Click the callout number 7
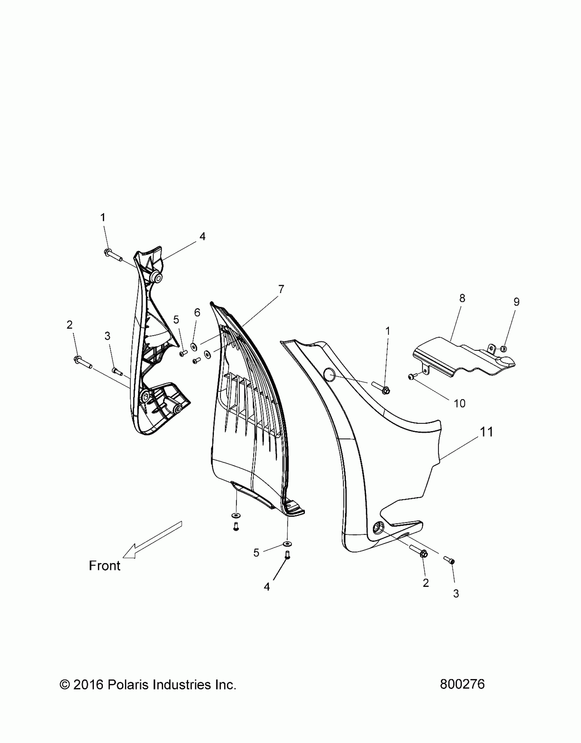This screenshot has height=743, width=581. tap(281, 289)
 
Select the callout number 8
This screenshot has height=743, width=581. tap(462, 298)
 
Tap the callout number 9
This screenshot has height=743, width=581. tap(516, 302)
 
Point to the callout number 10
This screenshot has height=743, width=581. tap(460, 403)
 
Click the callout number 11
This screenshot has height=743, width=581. tap(487, 432)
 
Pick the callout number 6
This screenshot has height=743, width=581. tap(197, 313)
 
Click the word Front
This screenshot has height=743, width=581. tap(105, 566)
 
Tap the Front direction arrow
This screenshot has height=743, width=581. tap(152, 543)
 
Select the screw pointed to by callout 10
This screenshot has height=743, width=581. tap(411, 377)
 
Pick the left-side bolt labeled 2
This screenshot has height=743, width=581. tap(82, 361)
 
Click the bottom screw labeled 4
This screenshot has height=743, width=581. tap(287, 555)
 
